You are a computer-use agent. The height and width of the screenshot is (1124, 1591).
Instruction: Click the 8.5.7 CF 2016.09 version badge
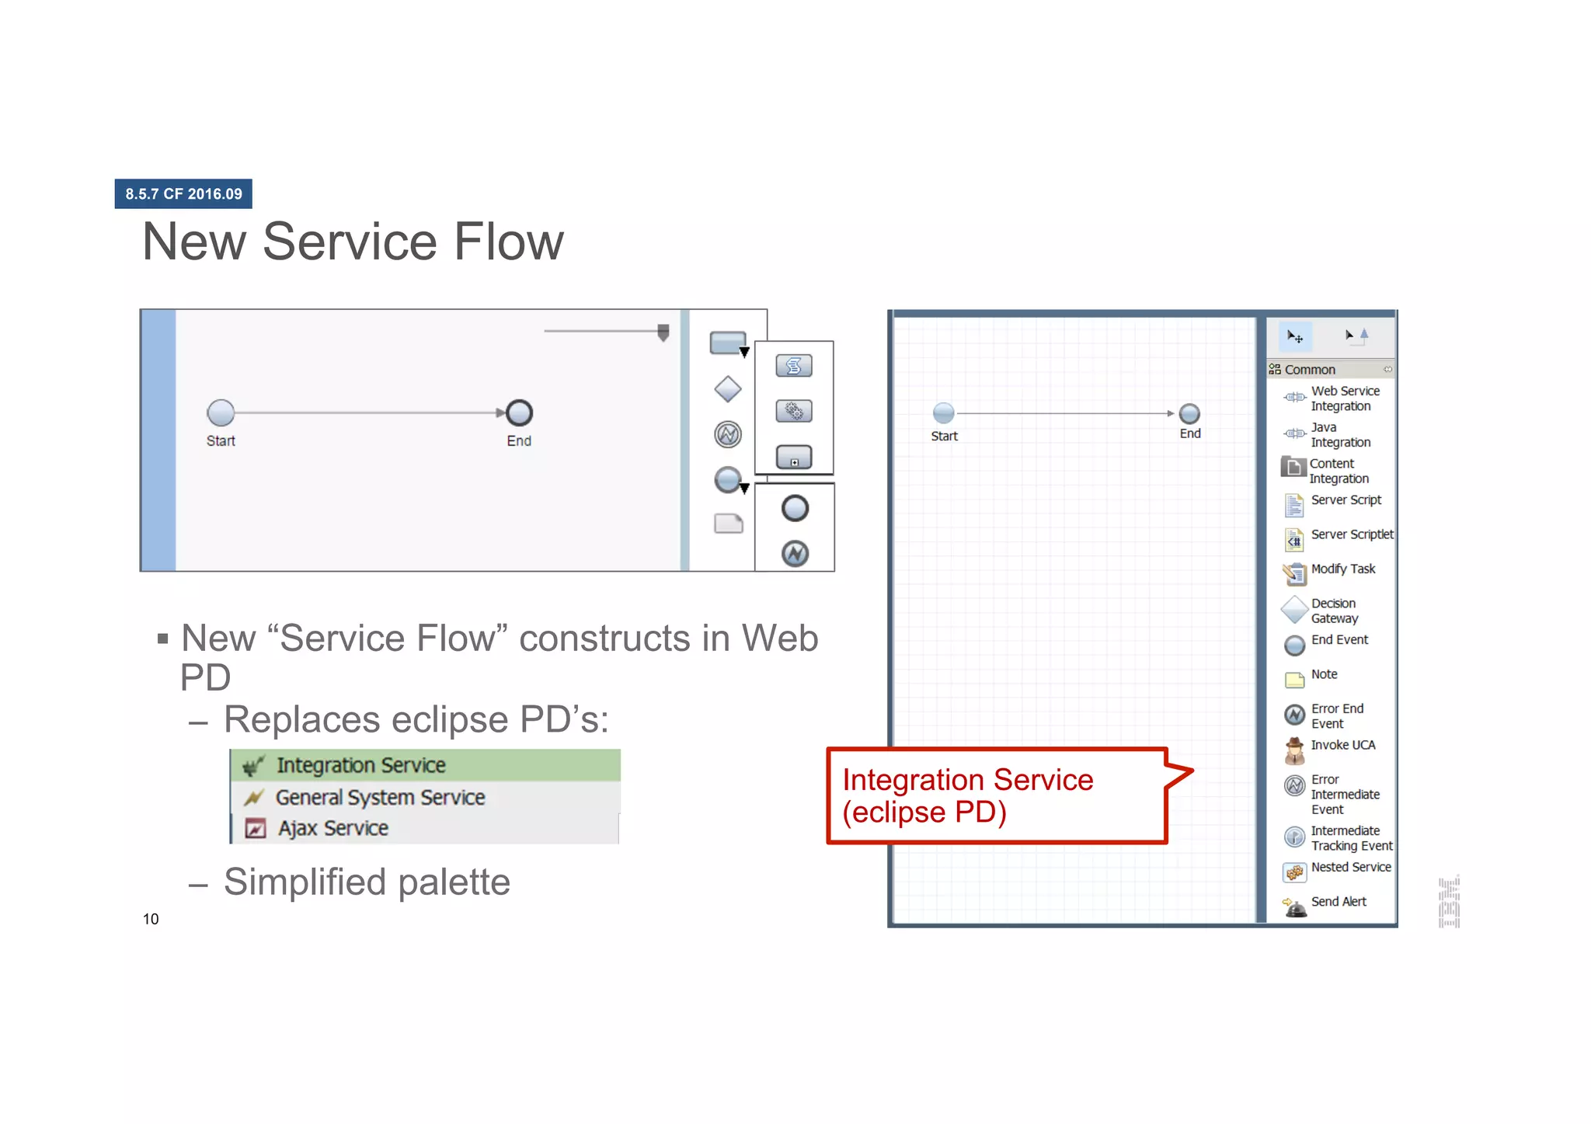(x=183, y=193)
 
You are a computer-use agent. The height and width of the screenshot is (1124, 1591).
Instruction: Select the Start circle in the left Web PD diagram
(x=221, y=412)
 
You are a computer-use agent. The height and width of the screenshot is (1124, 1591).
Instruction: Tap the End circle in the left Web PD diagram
(x=519, y=412)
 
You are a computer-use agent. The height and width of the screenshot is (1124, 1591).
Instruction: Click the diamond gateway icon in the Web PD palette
(x=727, y=389)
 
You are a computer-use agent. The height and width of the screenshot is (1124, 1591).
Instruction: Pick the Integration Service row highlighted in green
(x=425, y=765)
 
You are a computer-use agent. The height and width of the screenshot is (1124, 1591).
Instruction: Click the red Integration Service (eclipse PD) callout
(x=997, y=795)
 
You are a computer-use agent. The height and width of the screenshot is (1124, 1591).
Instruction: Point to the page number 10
(x=151, y=919)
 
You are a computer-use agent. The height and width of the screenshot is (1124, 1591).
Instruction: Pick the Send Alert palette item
(x=1337, y=902)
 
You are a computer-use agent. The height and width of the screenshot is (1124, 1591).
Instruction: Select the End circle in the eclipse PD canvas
(x=1189, y=414)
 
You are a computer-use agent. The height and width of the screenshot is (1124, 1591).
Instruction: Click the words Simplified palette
(x=367, y=882)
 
